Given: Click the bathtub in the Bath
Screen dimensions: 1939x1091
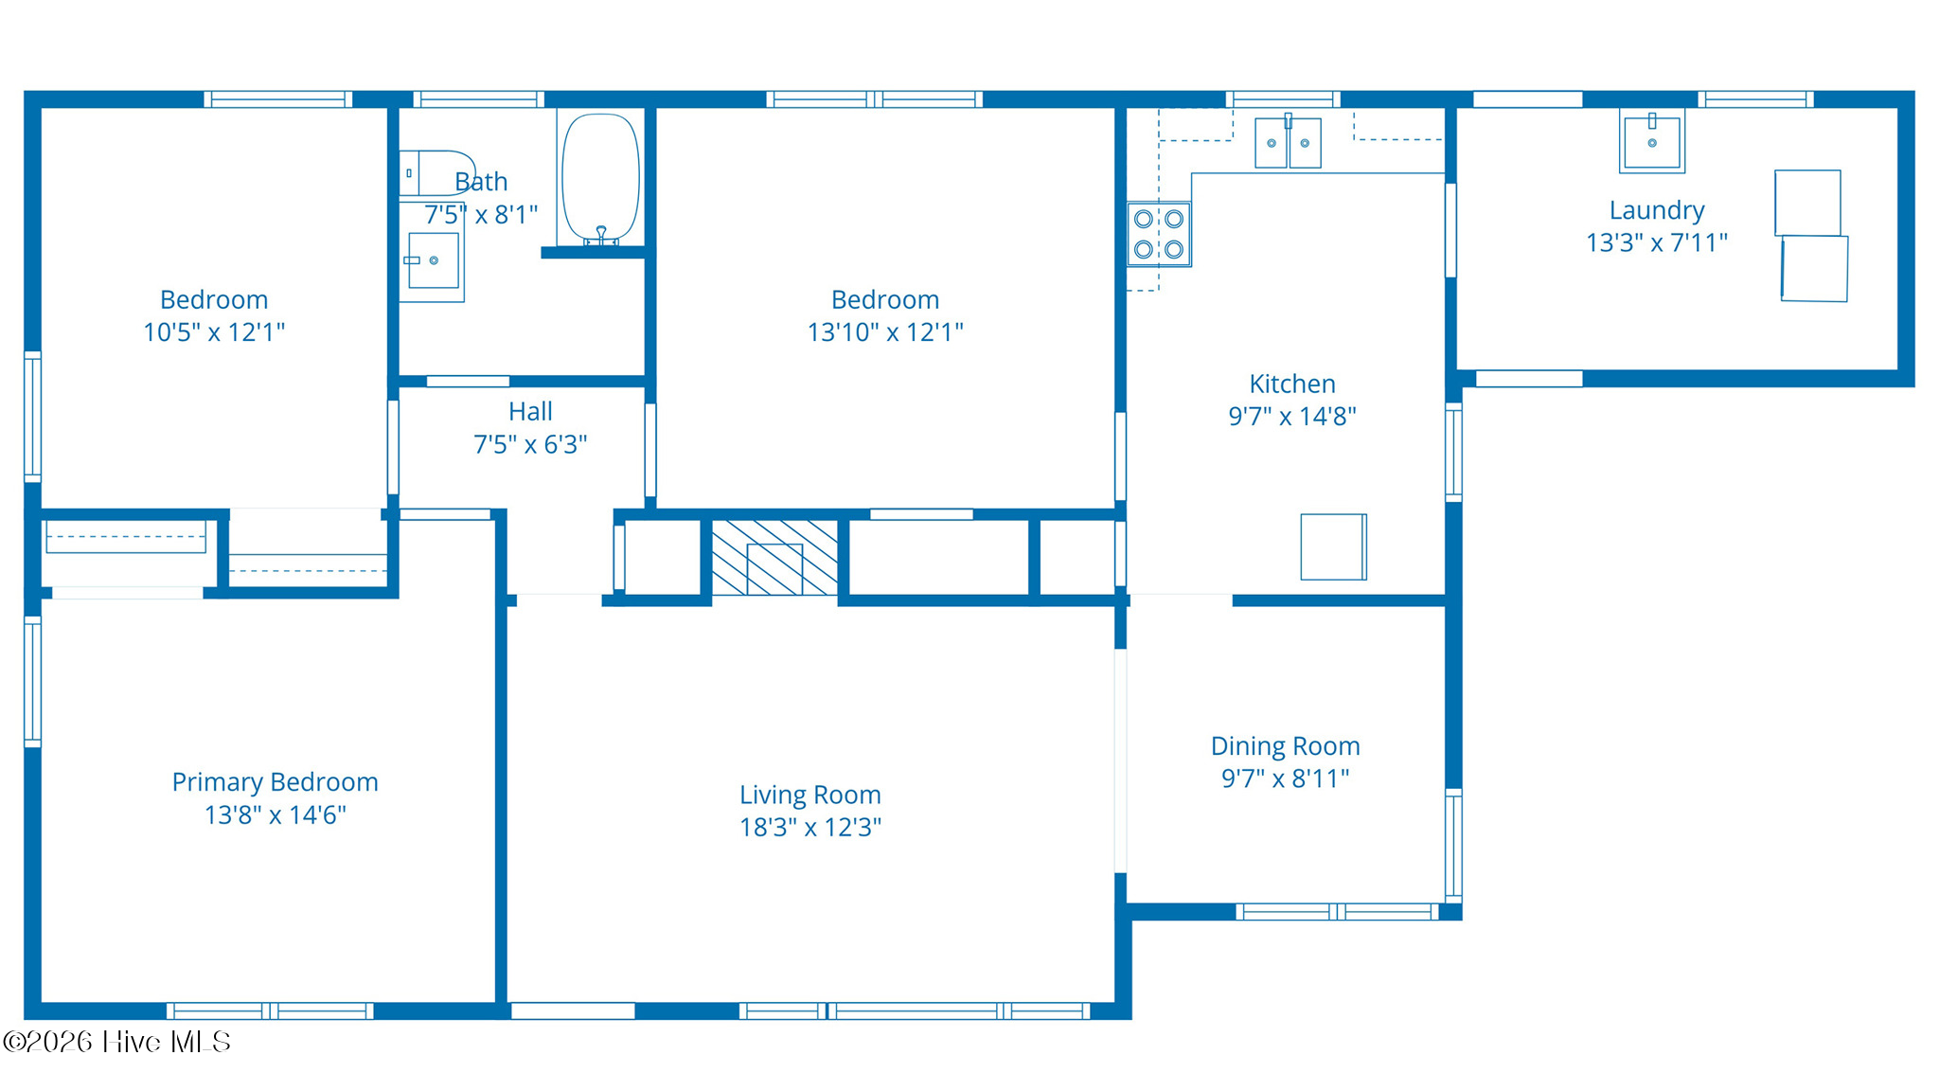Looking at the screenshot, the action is pos(600,178).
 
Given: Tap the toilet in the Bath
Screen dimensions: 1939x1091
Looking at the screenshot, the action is pos(436,173).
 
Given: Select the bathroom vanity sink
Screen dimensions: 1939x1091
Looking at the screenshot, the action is pos(433,260).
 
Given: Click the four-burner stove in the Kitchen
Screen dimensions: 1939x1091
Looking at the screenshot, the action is pos(1159,234).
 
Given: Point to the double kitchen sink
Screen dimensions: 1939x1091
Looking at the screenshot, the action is pos(1288,142).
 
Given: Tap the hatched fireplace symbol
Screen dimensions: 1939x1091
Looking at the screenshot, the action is pos(774,558).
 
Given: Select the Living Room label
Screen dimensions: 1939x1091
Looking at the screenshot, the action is pos(810,795).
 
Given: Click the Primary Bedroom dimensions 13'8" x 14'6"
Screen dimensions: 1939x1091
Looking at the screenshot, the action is pos(276,814).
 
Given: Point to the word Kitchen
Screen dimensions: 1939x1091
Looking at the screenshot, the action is pos(1292,384).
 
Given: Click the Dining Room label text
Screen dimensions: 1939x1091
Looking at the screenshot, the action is pos(1286,746).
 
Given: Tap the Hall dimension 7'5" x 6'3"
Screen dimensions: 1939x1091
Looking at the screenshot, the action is pos(530,444).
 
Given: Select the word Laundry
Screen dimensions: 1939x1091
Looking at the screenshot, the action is pos(1657,210).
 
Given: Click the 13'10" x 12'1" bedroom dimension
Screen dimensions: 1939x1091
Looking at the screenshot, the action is pos(885,331).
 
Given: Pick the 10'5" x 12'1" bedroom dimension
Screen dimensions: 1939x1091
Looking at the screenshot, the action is pos(214,331).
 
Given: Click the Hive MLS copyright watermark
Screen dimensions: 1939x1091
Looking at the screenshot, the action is pos(116,1042).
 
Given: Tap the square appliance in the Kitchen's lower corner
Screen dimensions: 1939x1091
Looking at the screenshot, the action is pos(1333,546).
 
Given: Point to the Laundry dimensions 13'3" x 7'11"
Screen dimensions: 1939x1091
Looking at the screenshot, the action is pos(1657,242).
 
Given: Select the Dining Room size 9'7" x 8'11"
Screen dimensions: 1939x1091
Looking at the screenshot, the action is pos(1286,778).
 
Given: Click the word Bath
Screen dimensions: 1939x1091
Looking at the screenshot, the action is pos(481,181).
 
